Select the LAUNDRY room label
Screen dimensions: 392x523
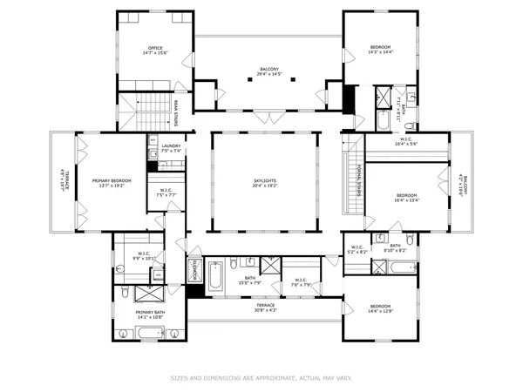(x=171, y=145)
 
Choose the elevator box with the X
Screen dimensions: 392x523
(x=194, y=272)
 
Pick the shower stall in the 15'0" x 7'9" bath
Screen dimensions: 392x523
(x=271, y=267)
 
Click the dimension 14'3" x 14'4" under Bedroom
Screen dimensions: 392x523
(x=381, y=52)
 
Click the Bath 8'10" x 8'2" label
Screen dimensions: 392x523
(x=395, y=247)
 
